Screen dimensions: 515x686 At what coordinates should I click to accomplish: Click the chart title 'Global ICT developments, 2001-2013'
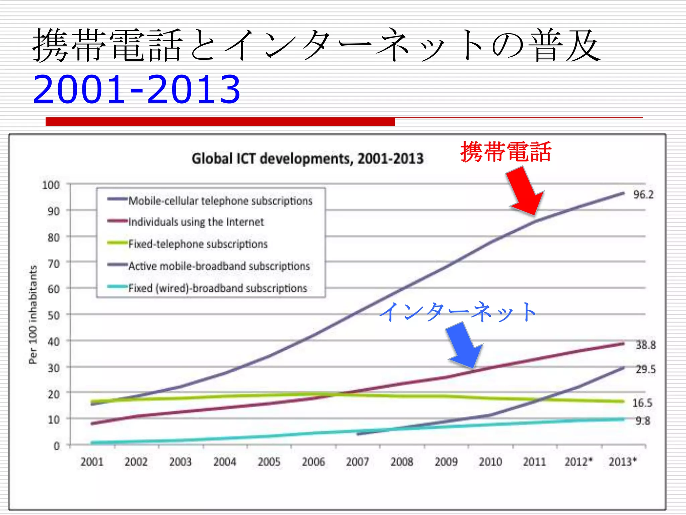pyautogui.click(x=307, y=159)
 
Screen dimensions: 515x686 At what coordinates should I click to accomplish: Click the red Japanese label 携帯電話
pyautogui.click(x=506, y=152)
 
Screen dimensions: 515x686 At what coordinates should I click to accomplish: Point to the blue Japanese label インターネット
pyautogui.click(x=458, y=312)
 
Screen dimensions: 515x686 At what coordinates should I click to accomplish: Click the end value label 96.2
pyautogui.click(x=643, y=194)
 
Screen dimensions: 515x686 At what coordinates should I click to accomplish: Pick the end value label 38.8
pyautogui.click(x=646, y=345)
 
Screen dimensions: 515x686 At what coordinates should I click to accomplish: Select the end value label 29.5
pyautogui.click(x=646, y=369)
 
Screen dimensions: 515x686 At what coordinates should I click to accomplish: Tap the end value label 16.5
pyautogui.click(x=642, y=403)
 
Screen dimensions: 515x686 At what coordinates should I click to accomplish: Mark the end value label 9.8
pyautogui.click(x=643, y=420)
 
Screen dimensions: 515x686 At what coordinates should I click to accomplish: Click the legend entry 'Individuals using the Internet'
pyautogui.click(x=196, y=222)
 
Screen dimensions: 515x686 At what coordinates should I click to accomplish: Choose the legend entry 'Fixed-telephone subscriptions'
pyautogui.click(x=198, y=244)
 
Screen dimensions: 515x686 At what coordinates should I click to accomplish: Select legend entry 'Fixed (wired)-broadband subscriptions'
pyautogui.click(x=217, y=288)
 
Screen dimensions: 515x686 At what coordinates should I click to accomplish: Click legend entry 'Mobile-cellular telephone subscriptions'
pyautogui.click(x=220, y=201)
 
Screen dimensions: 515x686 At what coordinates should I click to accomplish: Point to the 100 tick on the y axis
pyautogui.click(x=51, y=185)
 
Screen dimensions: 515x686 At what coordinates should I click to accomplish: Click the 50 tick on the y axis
pyautogui.click(x=54, y=315)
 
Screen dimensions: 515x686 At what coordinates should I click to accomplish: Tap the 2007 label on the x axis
pyautogui.click(x=357, y=462)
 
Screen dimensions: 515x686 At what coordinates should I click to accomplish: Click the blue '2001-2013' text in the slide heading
pyautogui.click(x=137, y=89)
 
